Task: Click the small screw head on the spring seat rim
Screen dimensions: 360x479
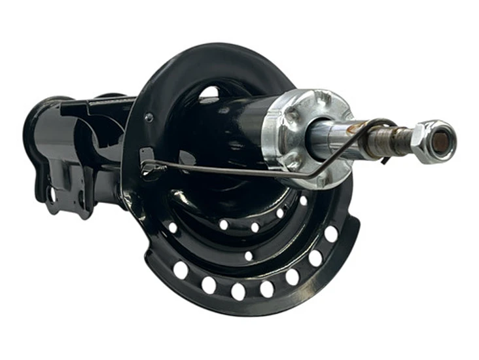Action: [149, 118]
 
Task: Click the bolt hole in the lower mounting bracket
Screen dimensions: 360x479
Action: [52, 194]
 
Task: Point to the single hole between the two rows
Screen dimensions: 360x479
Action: [249, 256]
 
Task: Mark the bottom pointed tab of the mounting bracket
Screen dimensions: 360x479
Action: [84, 213]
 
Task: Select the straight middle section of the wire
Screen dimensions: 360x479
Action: [229, 172]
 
